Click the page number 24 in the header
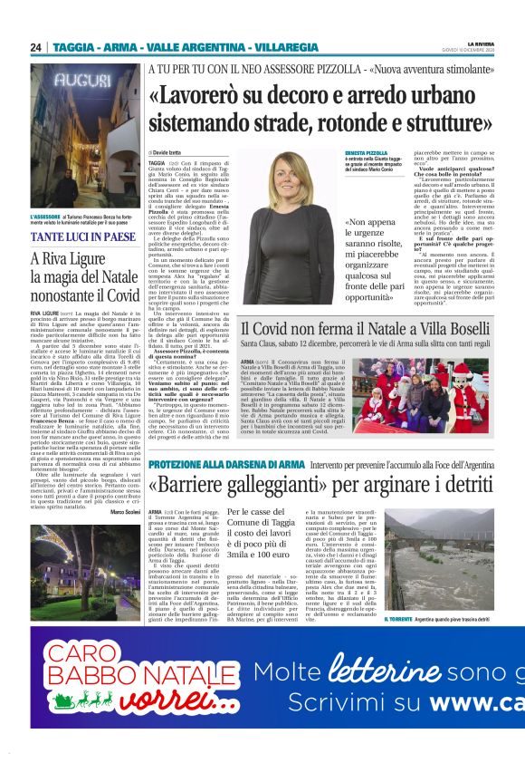(36, 47)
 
